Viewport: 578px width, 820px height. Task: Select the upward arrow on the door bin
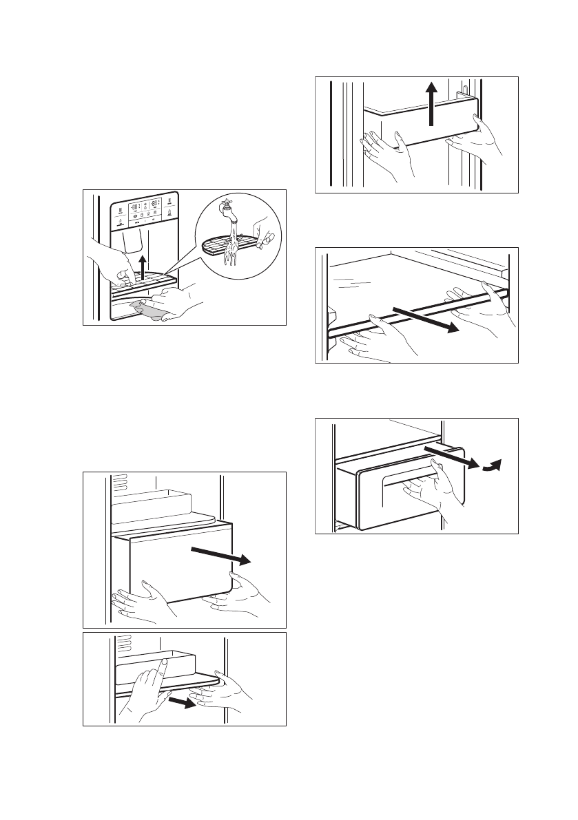click(x=431, y=104)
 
